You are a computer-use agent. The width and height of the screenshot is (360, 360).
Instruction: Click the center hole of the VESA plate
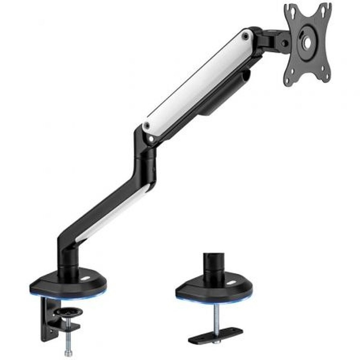(x=307, y=43)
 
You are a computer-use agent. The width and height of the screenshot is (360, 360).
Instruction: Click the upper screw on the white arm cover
(x=246, y=36)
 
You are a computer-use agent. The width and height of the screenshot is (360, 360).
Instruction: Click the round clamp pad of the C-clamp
(x=68, y=311)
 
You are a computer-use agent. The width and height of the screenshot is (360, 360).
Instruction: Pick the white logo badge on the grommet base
(x=231, y=283)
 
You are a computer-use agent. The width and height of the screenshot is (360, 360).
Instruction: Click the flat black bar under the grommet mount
(x=215, y=336)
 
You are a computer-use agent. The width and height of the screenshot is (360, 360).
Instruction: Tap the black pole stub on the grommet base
(x=214, y=265)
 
